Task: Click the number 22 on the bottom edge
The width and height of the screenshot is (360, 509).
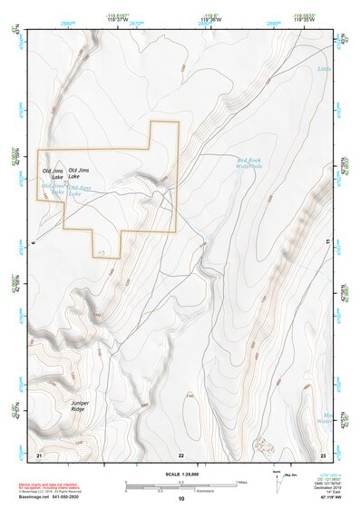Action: pyautogui.click(x=181, y=454)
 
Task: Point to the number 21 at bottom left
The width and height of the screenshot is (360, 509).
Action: pyautogui.click(x=38, y=454)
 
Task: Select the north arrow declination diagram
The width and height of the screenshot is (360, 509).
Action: pyautogui.click(x=277, y=478)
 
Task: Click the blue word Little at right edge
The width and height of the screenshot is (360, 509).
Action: pyautogui.click(x=325, y=69)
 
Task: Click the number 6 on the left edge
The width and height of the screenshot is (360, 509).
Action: pyautogui.click(x=32, y=244)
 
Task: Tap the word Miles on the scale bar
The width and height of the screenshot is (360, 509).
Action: pyautogui.click(x=243, y=481)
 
